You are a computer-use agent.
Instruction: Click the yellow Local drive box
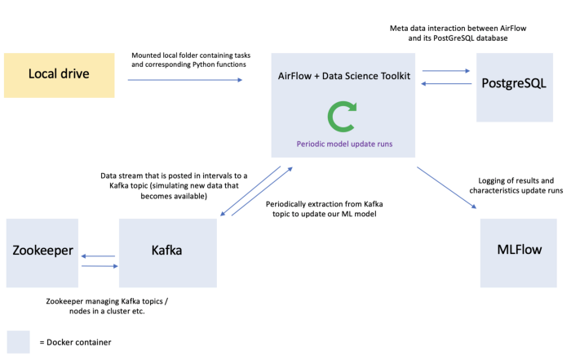click(59, 76)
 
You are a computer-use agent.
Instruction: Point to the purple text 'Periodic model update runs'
click(343, 143)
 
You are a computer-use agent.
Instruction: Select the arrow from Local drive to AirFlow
click(186, 79)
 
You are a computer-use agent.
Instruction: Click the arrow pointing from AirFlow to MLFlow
click(447, 188)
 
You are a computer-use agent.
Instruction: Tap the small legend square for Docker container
click(18, 341)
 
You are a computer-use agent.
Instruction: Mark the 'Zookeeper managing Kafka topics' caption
click(113, 305)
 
